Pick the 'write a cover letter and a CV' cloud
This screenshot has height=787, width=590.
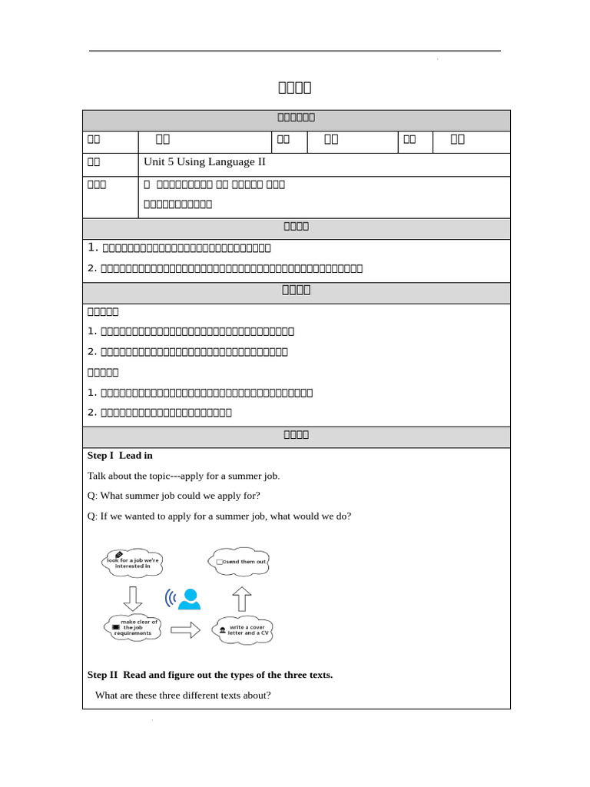[244, 629]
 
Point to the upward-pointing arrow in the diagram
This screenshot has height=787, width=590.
[241, 598]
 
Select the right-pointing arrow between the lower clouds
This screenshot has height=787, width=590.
[185, 629]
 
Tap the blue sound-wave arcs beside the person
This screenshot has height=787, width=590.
[171, 598]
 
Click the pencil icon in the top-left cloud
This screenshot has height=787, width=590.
[118, 554]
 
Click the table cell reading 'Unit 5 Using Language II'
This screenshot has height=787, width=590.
[204, 162]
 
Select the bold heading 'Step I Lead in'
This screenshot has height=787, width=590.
[120, 455]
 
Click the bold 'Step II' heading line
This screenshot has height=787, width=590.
[210, 675]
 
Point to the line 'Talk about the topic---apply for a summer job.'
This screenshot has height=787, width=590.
[184, 476]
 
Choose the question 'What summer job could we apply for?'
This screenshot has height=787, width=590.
[174, 496]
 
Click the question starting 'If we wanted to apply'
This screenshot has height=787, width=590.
[219, 516]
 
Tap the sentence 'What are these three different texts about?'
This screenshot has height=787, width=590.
[183, 696]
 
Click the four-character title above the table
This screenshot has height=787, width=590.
[295, 87]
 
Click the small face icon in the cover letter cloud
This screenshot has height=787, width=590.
[223, 630]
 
